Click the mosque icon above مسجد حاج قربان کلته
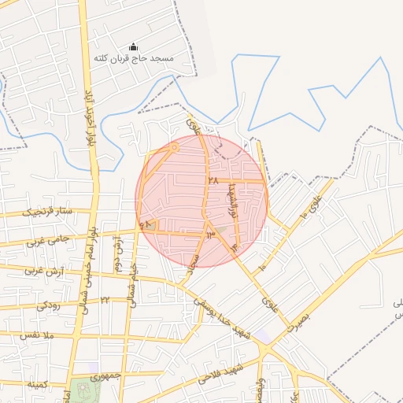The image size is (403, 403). (132, 47)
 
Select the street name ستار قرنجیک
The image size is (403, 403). (46, 212)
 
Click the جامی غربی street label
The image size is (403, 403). (48, 240)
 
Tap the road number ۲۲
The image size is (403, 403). (105, 300)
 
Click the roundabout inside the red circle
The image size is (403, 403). (175, 146)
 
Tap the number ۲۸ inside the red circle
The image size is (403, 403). (213, 180)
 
